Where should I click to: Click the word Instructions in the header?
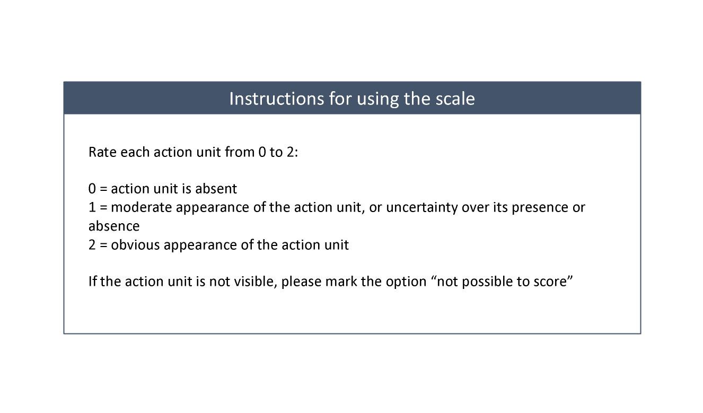coord(276,99)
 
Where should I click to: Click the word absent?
coord(216,189)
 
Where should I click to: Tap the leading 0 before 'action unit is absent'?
coord(92,189)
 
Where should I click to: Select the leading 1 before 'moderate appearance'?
coord(92,207)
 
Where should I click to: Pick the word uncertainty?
coord(422,208)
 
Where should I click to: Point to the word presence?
coord(540,208)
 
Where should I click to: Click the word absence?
coord(114,226)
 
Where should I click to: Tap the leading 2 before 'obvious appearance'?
coord(92,245)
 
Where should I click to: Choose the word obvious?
coord(135,245)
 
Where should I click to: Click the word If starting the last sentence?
coord(92,281)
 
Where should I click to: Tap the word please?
coord(301,282)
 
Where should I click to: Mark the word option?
coord(406,282)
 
